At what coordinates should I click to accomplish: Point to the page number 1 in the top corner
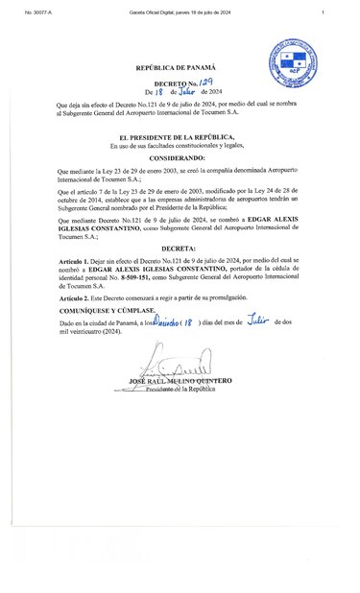324,12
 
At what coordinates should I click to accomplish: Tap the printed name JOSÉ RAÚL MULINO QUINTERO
179,381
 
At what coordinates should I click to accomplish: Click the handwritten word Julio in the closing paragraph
252,323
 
